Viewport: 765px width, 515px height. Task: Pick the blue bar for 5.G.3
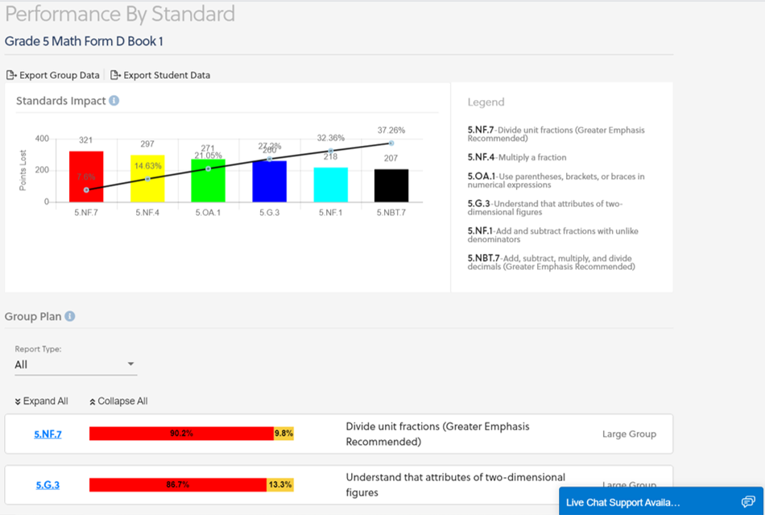tap(269, 181)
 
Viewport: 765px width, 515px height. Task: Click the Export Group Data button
tap(53, 75)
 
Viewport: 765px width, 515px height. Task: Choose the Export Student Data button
tap(160, 75)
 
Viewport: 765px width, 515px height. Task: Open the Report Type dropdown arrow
tap(131, 364)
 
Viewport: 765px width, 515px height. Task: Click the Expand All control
tap(41, 401)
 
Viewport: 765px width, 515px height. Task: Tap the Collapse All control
tap(118, 401)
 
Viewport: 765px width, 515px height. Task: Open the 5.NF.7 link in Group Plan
tap(48, 434)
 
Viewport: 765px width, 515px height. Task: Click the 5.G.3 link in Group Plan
tap(48, 485)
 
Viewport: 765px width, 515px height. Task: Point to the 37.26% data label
tap(391, 130)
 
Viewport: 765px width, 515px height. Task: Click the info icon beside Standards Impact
tap(114, 101)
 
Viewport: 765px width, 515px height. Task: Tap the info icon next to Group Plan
tap(69, 317)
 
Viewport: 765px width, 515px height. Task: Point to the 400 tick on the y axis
tap(41, 139)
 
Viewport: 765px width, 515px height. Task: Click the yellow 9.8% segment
tap(283, 434)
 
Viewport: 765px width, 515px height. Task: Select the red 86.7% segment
tap(177, 485)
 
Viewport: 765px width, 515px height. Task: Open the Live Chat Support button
tap(661, 502)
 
